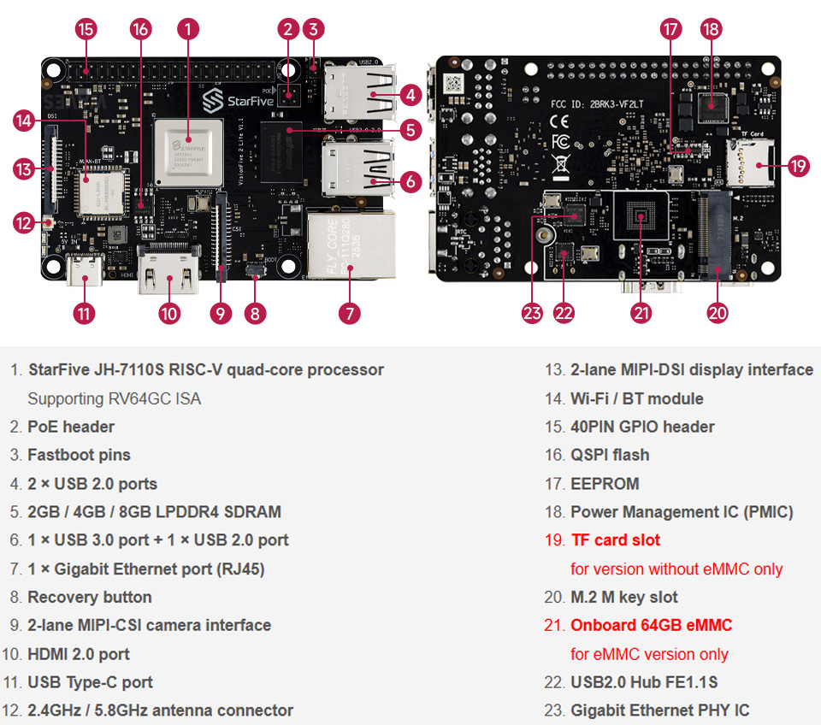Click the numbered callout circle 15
[86, 29]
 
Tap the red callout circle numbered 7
[348, 313]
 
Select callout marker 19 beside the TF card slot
[798, 166]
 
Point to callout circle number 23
[533, 313]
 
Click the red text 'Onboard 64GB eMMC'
[651, 625]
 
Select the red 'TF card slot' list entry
[615, 540]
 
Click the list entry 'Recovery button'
[89, 597]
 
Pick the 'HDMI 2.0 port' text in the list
[78, 654]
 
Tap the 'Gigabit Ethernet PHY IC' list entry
[659, 710]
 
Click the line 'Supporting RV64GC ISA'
[114, 398]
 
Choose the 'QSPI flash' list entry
[609, 455]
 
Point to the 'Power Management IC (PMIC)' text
[682, 512]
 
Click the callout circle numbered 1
[188, 29]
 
